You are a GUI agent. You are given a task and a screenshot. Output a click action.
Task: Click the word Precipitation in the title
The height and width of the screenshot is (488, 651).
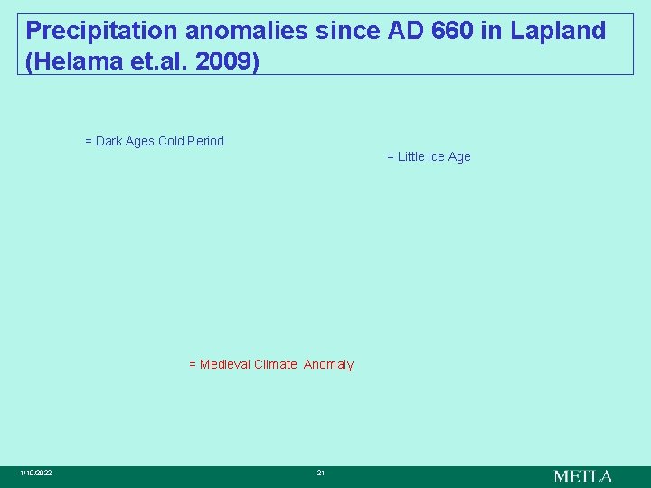(102, 31)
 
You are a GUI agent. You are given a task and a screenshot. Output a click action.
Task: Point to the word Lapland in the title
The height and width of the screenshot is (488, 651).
(558, 31)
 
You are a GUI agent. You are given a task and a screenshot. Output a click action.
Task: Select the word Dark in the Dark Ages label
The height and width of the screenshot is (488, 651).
(108, 141)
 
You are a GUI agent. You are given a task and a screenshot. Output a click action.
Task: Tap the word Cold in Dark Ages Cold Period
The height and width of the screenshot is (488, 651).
(172, 141)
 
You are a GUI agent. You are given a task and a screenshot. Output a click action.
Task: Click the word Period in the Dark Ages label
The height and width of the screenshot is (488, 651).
(206, 141)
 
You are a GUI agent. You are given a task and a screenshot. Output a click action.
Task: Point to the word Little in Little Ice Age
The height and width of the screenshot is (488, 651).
(412, 156)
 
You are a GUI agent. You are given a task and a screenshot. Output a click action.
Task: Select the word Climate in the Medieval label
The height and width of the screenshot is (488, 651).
(275, 364)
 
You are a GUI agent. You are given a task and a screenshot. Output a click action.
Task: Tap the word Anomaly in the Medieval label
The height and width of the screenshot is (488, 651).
(328, 364)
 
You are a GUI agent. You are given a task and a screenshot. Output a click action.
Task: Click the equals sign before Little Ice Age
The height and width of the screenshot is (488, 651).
(391, 156)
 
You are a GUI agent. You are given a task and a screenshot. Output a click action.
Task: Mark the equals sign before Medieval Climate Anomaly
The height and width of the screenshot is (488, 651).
(193, 364)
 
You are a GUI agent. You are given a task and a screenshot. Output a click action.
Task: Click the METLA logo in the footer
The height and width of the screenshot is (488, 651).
(582, 475)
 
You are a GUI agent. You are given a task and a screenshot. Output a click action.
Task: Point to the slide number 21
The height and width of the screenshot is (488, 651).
(320, 474)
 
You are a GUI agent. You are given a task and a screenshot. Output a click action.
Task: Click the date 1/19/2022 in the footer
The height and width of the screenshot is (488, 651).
(37, 474)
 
